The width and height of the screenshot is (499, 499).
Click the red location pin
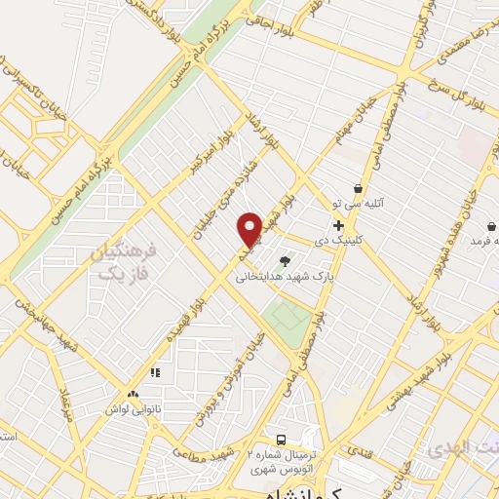pyautogui.click(x=250, y=227)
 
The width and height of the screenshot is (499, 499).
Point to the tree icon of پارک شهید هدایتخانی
pyautogui.click(x=285, y=260)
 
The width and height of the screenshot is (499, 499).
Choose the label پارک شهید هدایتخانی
pyautogui.click(x=276, y=276)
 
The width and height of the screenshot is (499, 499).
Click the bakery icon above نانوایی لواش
pyautogui.click(x=154, y=371)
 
